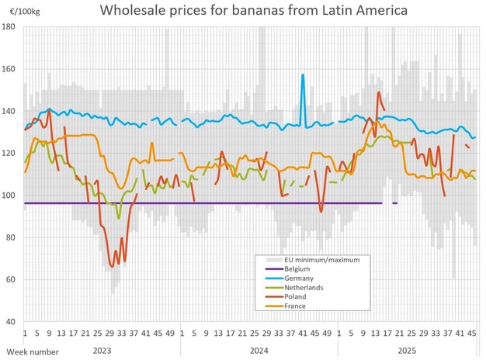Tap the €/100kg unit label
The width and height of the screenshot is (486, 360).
click(18, 11)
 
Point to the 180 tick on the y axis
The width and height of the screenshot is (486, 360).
click(11, 26)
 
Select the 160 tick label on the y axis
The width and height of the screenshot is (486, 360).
click(11, 69)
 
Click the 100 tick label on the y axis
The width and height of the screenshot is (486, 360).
click(11, 195)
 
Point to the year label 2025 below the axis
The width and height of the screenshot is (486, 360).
click(407, 351)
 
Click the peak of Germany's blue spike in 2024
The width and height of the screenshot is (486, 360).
click(303, 74)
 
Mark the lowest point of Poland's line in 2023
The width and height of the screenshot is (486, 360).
click(112, 267)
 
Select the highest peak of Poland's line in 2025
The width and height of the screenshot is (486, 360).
click(379, 92)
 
